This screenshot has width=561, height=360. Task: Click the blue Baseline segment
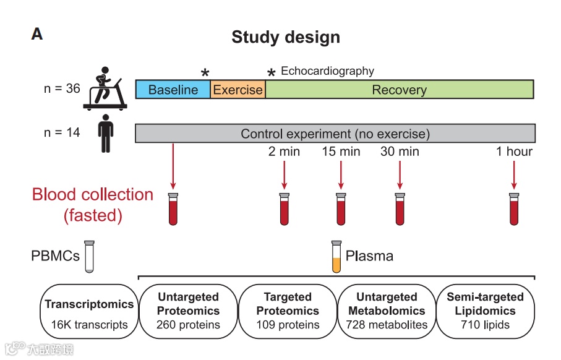tap(173, 90)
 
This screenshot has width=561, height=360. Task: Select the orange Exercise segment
tap(238, 90)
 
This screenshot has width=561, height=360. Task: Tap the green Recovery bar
tap(400, 90)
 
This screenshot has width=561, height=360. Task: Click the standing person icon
tap(106, 133)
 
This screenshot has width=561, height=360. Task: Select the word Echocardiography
tap(327, 71)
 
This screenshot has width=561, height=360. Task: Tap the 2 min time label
tap(284, 152)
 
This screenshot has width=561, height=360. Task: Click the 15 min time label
tap(341, 152)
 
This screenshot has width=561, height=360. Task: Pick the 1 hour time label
tap(514, 152)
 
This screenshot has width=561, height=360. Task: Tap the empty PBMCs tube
tap(90, 256)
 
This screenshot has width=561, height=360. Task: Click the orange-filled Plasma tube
tap(336, 257)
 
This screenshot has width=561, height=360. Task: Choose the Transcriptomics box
tap(89, 312)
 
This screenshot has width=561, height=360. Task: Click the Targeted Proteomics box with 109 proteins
tap(288, 312)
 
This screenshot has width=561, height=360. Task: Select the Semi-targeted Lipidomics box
tap(485, 312)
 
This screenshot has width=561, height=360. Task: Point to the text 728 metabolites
tap(387, 325)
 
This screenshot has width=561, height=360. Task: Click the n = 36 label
tap(62, 88)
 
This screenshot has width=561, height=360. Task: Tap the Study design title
tap(286, 37)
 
